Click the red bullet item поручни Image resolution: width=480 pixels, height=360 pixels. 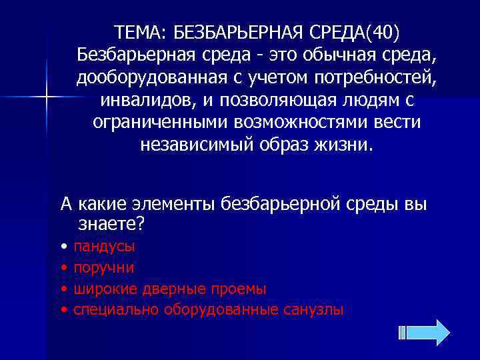[104, 267]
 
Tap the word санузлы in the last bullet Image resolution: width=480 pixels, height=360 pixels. [315, 310]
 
